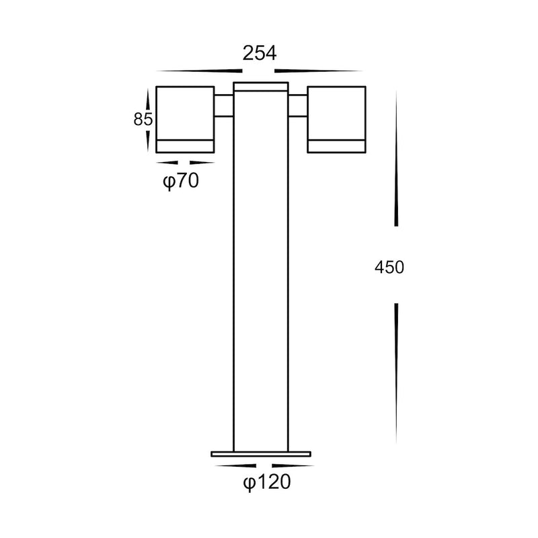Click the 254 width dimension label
(259, 54)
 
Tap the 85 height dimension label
(141, 120)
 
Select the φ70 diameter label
(181, 181)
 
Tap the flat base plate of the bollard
(262, 454)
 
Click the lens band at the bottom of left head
(185, 147)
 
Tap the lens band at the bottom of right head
(337, 147)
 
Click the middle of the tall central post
(261, 269)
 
